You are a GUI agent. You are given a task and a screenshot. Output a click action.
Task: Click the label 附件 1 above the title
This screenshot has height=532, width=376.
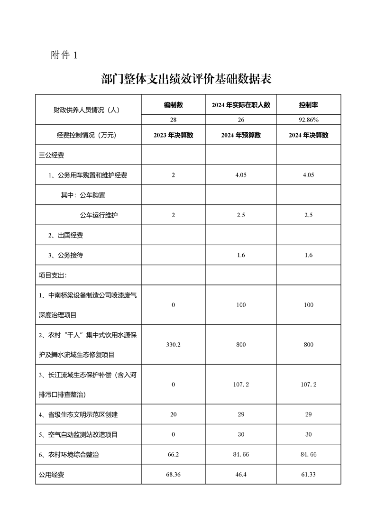click(64, 55)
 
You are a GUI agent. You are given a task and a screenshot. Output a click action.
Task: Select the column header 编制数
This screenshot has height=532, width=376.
click(173, 105)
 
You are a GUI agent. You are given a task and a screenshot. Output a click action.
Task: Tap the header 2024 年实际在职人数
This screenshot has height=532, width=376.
click(241, 105)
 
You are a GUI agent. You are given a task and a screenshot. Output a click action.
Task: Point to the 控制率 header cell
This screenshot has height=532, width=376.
click(308, 105)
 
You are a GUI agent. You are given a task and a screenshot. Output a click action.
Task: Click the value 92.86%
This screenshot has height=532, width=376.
click(308, 119)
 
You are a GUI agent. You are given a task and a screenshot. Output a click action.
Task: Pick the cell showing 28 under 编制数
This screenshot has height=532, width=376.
click(173, 119)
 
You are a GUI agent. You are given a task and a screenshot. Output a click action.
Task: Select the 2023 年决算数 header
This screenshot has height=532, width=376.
click(173, 135)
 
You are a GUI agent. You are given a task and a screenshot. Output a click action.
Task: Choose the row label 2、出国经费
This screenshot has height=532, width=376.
click(65, 235)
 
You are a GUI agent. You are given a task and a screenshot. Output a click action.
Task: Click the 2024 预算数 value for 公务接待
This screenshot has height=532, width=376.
click(241, 255)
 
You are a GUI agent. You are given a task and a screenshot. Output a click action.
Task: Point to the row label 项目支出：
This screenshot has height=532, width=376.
click(53, 275)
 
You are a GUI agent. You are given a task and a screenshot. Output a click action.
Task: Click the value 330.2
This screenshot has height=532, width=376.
click(173, 345)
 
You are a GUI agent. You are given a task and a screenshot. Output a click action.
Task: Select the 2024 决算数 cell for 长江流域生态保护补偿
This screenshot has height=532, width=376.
click(308, 385)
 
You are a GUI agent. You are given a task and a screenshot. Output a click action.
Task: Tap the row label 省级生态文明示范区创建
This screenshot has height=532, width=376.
click(78, 414)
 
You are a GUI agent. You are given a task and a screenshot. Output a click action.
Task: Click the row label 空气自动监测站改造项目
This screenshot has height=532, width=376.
click(78, 434)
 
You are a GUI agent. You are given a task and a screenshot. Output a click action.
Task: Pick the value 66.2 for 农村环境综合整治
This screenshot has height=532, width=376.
click(173, 454)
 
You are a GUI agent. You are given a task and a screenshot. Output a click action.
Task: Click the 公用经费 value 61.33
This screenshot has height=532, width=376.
click(308, 474)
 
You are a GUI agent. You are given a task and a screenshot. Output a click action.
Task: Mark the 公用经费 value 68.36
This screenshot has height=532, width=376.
click(173, 474)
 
